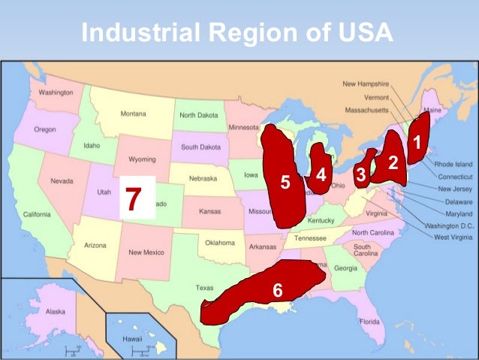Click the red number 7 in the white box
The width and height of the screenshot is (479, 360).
click(134, 198)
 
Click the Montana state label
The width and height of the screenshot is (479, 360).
click(134, 114)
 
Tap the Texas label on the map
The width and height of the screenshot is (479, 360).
click(204, 288)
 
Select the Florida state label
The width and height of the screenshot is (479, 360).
click(369, 322)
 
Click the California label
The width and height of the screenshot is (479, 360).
click(37, 214)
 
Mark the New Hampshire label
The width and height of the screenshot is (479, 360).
click(366, 84)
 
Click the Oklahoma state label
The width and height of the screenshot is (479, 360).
click(220, 243)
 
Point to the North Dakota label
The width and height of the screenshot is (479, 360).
click(198, 116)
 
